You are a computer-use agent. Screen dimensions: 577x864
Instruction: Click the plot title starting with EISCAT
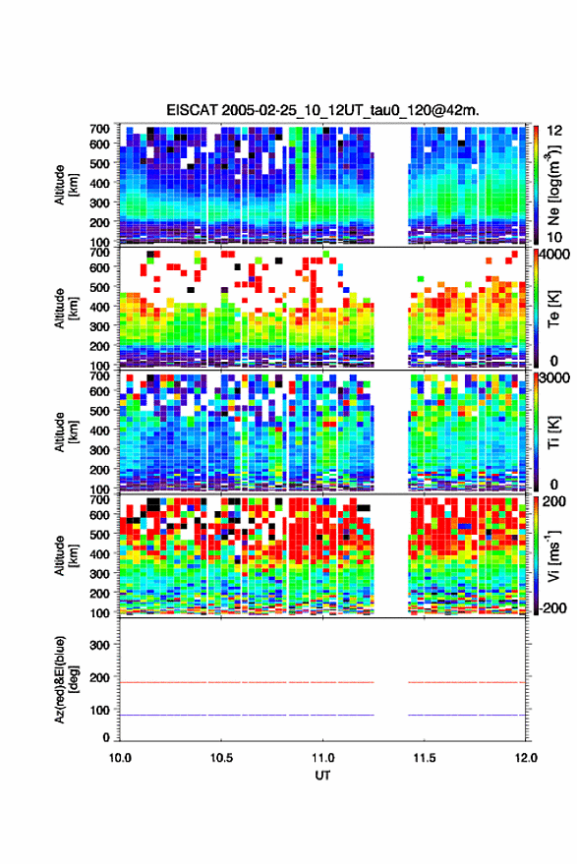[x=323, y=110]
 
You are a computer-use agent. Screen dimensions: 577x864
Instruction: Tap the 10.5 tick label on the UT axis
[x=221, y=758]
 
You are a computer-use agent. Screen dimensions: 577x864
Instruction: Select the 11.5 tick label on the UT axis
[x=425, y=758]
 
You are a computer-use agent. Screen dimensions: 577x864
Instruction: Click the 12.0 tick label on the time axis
[x=526, y=758]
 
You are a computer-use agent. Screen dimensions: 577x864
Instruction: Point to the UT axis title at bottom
[x=322, y=776]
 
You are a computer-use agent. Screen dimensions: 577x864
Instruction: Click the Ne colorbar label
[x=553, y=185]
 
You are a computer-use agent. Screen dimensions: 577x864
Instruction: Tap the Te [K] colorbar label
[x=553, y=311]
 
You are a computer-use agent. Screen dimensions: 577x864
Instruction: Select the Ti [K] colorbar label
[x=553, y=432]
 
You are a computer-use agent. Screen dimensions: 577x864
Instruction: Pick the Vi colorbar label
[x=553, y=555]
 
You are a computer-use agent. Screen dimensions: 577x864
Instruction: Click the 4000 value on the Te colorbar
[x=552, y=256]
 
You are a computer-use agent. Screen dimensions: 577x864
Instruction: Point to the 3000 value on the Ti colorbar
[x=554, y=378]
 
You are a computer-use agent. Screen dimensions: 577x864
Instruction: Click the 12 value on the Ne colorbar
[x=554, y=131]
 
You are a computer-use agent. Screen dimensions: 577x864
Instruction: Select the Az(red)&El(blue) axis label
[x=66, y=679]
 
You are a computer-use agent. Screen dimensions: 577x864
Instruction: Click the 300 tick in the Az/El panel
[x=99, y=645]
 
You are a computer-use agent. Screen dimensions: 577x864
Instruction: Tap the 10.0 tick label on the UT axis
[x=120, y=758]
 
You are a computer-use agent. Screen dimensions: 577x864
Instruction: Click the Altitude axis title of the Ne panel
[x=66, y=185]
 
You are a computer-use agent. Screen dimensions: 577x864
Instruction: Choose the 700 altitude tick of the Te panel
[x=99, y=252]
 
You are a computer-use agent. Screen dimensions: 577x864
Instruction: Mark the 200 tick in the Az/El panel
[x=99, y=678]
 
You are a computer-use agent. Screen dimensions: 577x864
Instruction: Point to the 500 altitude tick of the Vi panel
[x=99, y=535]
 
